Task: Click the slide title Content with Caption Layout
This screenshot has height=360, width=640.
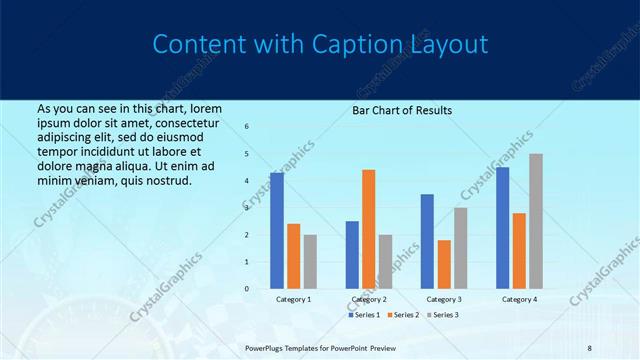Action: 320,45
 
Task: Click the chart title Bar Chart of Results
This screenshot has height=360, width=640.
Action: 402,110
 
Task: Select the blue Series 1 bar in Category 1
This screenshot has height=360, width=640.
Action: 277,231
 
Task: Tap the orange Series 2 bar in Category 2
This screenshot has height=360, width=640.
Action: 368,229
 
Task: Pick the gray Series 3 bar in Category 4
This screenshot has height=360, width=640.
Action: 536,221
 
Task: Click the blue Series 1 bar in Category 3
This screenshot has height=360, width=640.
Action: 427,241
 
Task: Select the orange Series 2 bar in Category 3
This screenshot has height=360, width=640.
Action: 444,264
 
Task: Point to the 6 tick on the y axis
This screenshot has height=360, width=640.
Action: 247,127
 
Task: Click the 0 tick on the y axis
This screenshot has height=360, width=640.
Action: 247,289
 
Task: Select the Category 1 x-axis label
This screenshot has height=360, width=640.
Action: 293,299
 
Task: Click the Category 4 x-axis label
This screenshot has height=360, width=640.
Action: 519,299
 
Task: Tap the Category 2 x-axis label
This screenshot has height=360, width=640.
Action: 368,299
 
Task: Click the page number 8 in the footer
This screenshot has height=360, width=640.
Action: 590,348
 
